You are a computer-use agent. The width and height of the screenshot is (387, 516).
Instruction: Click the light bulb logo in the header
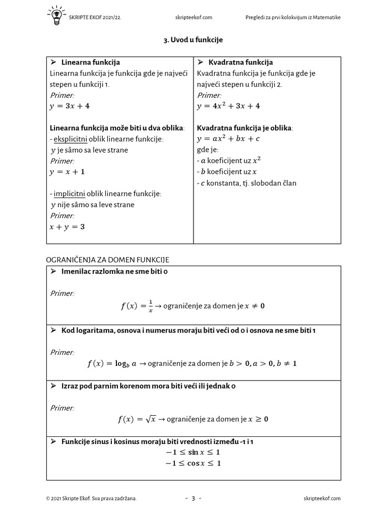tap(56, 16)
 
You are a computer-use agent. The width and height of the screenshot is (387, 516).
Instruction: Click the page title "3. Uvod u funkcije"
tap(193, 39)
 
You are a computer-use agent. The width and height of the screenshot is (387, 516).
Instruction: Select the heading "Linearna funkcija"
tap(90, 62)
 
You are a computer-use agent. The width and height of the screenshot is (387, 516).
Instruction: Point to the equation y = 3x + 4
tap(70, 106)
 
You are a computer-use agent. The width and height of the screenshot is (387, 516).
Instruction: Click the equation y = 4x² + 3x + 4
tap(228, 106)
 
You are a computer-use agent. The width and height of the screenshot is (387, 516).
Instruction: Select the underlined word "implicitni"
tap(70, 193)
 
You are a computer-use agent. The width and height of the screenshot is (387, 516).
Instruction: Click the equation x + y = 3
tap(67, 227)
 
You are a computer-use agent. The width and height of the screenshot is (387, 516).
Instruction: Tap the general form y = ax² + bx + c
tap(228, 139)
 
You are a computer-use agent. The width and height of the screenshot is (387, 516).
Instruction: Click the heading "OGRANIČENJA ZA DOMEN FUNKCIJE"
tap(107, 260)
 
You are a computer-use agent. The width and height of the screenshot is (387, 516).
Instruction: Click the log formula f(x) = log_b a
tap(112, 363)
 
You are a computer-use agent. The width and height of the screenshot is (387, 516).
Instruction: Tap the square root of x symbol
tap(150, 419)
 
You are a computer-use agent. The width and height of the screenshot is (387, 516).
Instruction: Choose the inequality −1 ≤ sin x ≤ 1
tap(193, 452)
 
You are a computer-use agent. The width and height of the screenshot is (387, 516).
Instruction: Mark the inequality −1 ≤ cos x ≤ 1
tap(193, 463)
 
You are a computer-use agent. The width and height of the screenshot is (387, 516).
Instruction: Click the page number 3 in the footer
tap(193, 498)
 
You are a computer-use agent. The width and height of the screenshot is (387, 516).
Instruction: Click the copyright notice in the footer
tap(91, 498)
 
